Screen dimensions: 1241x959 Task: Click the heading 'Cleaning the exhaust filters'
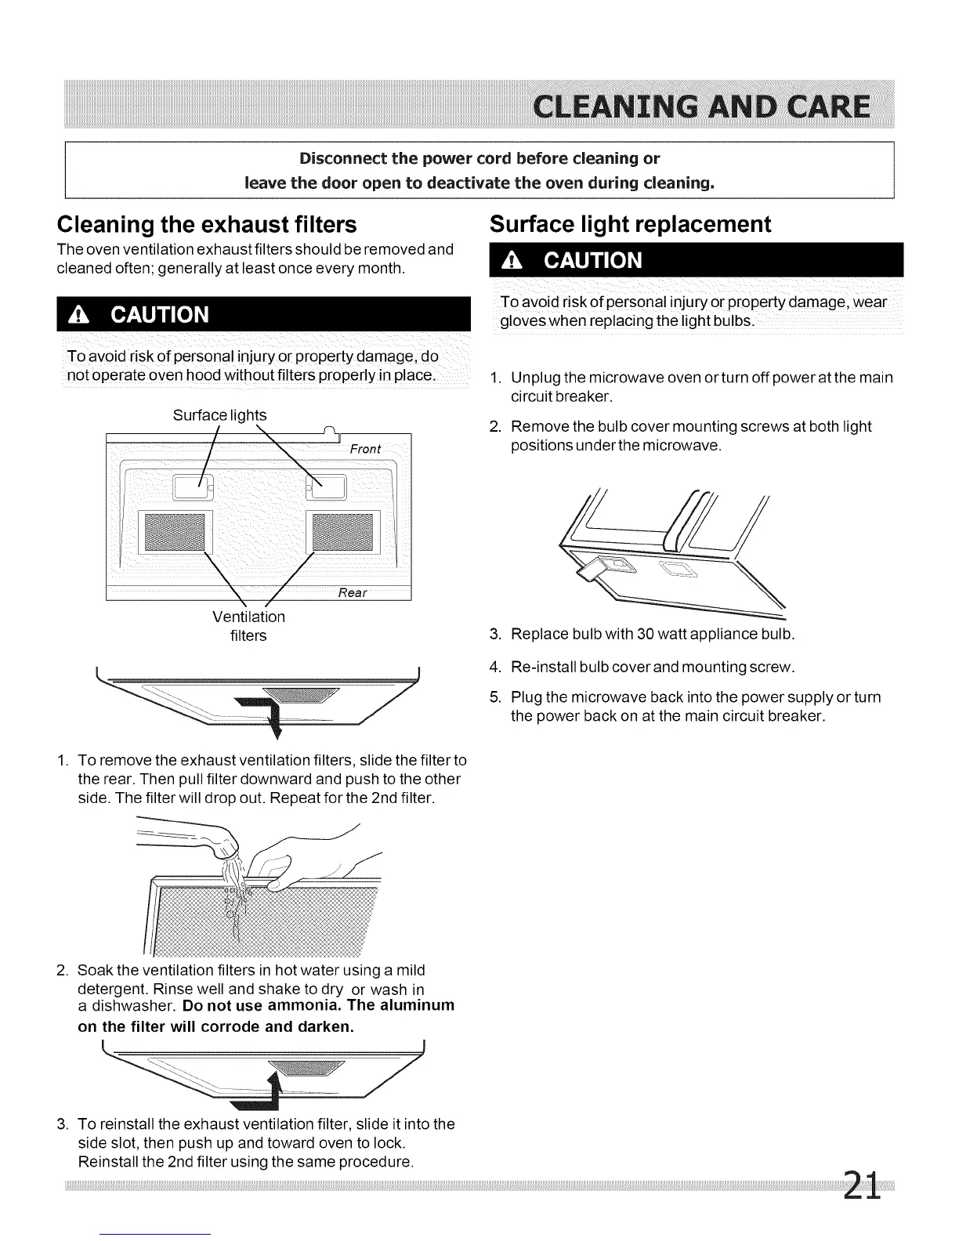(207, 225)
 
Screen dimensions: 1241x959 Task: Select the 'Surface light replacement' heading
(630, 224)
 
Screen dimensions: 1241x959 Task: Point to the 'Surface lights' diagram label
(219, 415)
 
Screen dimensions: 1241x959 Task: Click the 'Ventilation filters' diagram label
(248, 626)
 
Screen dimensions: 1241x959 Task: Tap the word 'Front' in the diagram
(365, 449)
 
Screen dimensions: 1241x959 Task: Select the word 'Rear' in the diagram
(352, 592)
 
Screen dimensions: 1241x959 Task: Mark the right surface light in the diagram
(330, 488)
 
